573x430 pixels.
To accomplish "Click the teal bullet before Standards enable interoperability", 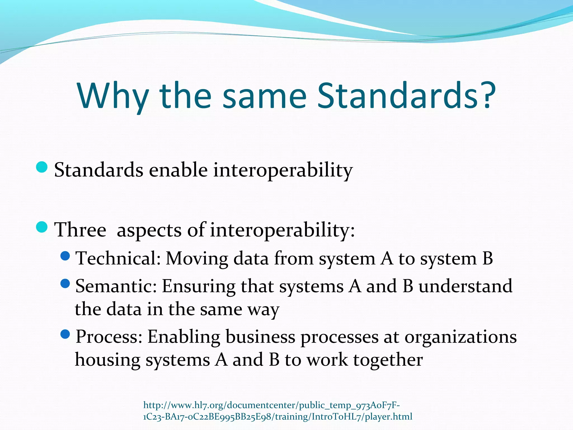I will pos(42,167).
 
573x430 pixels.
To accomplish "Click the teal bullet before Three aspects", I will pos(42,227).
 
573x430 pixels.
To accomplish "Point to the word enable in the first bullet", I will pos(178,170).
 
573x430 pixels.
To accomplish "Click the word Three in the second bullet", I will pos(80,230).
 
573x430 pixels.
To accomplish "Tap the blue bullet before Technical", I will pos(65,256).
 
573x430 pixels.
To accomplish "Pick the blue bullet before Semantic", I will pos(65,284).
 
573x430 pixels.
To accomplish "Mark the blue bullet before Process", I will pos(65,334).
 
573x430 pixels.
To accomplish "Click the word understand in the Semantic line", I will pos(465,286).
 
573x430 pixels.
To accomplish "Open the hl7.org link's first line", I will pos(271,405).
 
